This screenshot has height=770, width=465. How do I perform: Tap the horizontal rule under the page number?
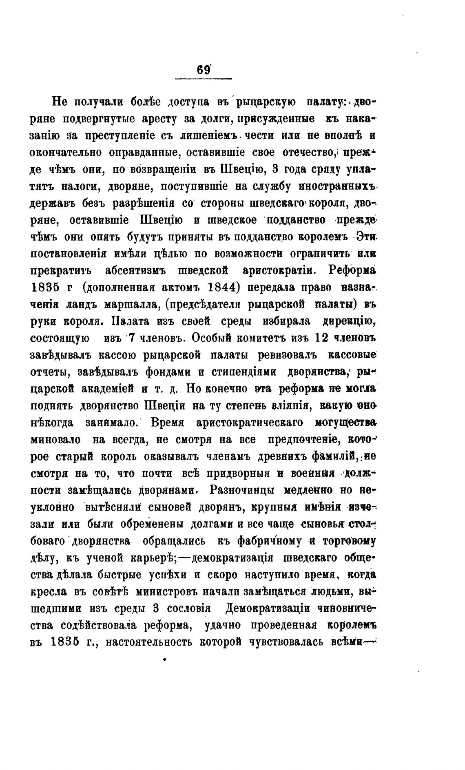point(203,78)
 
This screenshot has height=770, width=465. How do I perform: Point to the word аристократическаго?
point(250,423)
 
